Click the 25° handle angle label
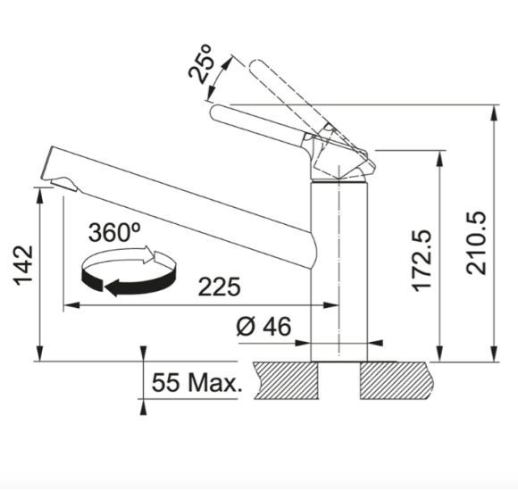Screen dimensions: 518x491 (x=200, y=64)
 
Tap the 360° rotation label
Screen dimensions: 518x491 (x=114, y=232)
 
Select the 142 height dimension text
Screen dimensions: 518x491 (x=23, y=265)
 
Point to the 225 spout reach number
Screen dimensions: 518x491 (x=219, y=287)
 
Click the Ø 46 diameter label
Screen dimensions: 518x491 (x=264, y=326)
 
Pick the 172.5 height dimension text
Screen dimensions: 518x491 (x=422, y=261)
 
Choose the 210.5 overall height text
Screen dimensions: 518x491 (x=476, y=243)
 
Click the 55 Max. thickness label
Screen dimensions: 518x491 (x=196, y=382)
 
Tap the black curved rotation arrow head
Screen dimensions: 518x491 (x=112, y=287)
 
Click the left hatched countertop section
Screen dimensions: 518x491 (x=287, y=380)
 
